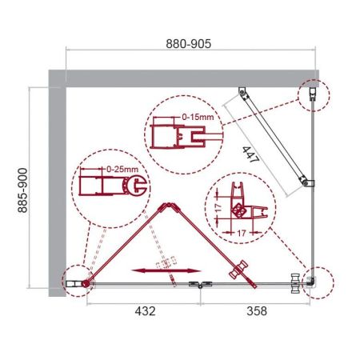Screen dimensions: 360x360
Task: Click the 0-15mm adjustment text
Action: click(198, 118)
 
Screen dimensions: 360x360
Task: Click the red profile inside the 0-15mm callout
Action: click(165, 131)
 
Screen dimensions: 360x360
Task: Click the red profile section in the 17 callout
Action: click(238, 204)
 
